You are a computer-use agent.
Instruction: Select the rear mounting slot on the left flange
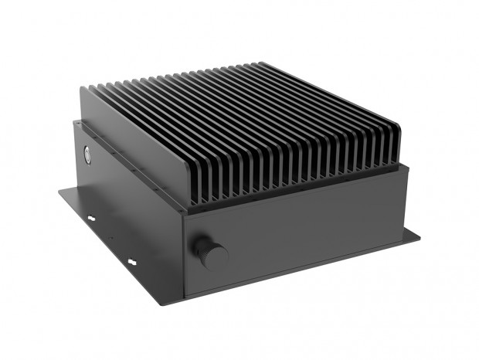[x=92, y=219]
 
